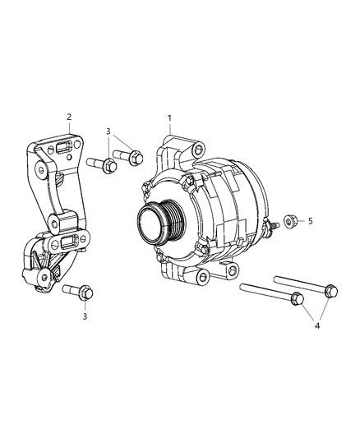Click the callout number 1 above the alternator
169,118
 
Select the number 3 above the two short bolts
107,131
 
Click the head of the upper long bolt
330,289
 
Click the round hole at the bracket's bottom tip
40,281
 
